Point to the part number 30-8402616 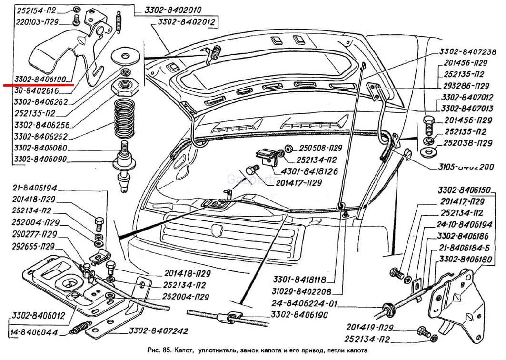point(37,90)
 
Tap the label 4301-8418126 point(312,170)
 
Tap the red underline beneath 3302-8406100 point(39,85)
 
